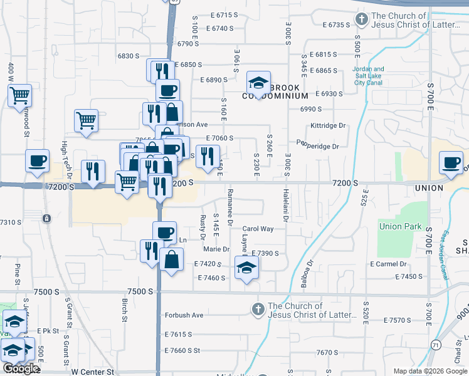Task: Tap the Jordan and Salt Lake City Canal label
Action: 369,75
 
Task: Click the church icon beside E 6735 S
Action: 361,19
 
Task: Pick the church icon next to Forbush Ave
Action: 257,310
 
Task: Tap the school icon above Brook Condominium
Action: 258,82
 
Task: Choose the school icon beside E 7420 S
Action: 246,268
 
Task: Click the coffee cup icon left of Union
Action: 451,162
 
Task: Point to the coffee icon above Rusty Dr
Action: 165,232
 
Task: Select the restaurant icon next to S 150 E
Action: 208,155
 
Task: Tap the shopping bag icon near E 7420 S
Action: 171,259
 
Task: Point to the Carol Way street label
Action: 258,229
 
